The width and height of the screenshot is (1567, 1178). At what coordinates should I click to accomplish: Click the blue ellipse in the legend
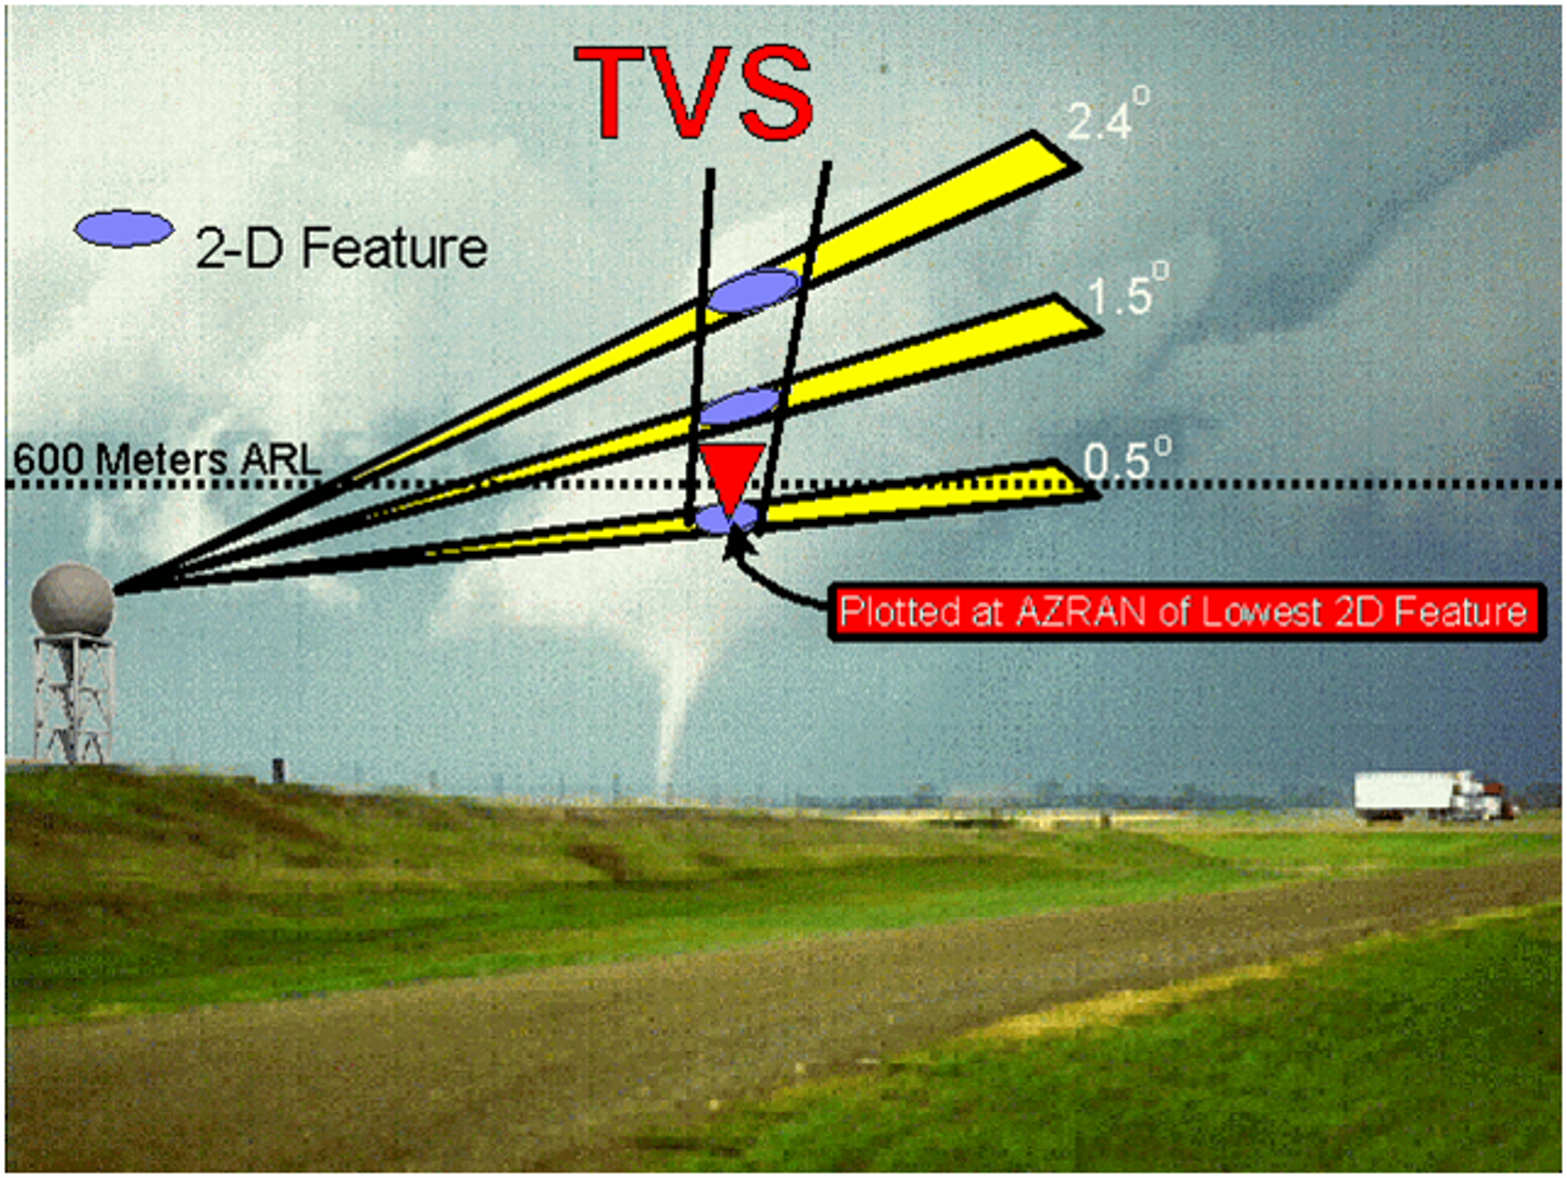(x=124, y=228)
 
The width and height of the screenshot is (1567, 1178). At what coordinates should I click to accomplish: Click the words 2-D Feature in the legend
(x=341, y=248)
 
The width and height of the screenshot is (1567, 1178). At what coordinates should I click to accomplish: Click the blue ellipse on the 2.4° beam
(x=754, y=291)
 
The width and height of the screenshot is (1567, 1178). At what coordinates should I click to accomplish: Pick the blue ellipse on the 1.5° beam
(x=739, y=407)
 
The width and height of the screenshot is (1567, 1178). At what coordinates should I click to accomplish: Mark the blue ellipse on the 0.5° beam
(x=725, y=518)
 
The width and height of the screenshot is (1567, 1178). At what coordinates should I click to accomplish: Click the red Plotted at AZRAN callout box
(x=1186, y=613)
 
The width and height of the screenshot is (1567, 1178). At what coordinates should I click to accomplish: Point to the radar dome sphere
(x=72, y=601)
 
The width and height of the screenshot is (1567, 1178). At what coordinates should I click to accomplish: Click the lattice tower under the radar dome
(x=74, y=699)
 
